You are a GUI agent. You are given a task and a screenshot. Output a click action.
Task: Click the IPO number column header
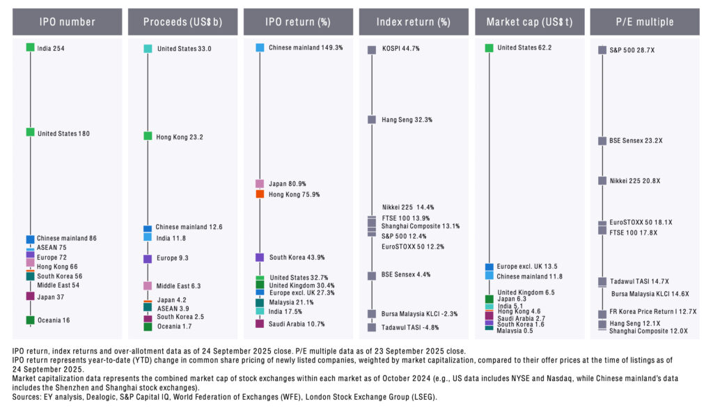67,22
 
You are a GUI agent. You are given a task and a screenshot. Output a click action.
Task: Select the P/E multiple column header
644,22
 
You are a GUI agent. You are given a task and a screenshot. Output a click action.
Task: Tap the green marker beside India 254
30,47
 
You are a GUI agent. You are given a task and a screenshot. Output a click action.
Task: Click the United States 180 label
63,133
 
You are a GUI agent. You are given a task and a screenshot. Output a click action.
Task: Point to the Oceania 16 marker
30,320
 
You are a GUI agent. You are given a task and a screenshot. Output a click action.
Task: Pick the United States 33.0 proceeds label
184,49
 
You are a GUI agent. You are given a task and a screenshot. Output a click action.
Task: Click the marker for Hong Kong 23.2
148,136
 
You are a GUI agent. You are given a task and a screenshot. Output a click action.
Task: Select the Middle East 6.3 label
178,285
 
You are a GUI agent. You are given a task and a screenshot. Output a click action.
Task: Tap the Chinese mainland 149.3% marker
260,47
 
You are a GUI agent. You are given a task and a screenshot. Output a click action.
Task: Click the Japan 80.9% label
287,185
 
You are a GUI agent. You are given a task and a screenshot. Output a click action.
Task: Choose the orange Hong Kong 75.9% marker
260,194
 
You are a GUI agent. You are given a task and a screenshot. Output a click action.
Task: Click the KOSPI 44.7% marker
372,49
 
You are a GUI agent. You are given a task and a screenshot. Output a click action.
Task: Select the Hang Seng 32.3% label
407,120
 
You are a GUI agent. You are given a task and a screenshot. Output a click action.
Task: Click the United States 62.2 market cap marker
489,47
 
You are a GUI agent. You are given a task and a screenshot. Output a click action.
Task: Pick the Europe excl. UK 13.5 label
527,267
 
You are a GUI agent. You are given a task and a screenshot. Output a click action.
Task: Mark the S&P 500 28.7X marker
602,49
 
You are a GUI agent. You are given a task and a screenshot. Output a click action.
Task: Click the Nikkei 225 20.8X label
634,180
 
